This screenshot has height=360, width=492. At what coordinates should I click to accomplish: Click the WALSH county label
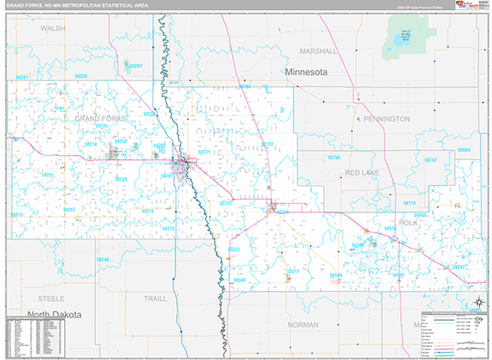pyautogui.click(x=52, y=28)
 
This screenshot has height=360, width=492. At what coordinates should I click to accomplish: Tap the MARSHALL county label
pyautogui.click(x=319, y=50)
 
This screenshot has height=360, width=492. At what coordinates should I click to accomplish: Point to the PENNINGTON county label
pyautogui.click(x=385, y=119)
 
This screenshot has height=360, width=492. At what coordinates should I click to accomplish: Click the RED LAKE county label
pyautogui.click(x=362, y=172)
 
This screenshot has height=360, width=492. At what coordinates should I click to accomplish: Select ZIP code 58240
pyautogui.click(x=102, y=260)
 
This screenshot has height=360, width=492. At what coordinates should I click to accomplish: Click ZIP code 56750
pyautogui.click(x=333, y=156)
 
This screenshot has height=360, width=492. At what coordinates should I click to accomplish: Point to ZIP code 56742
pyautogui.click(x=430, y=159)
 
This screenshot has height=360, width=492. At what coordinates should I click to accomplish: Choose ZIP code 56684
pyautogui.click(x=464, y=150)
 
